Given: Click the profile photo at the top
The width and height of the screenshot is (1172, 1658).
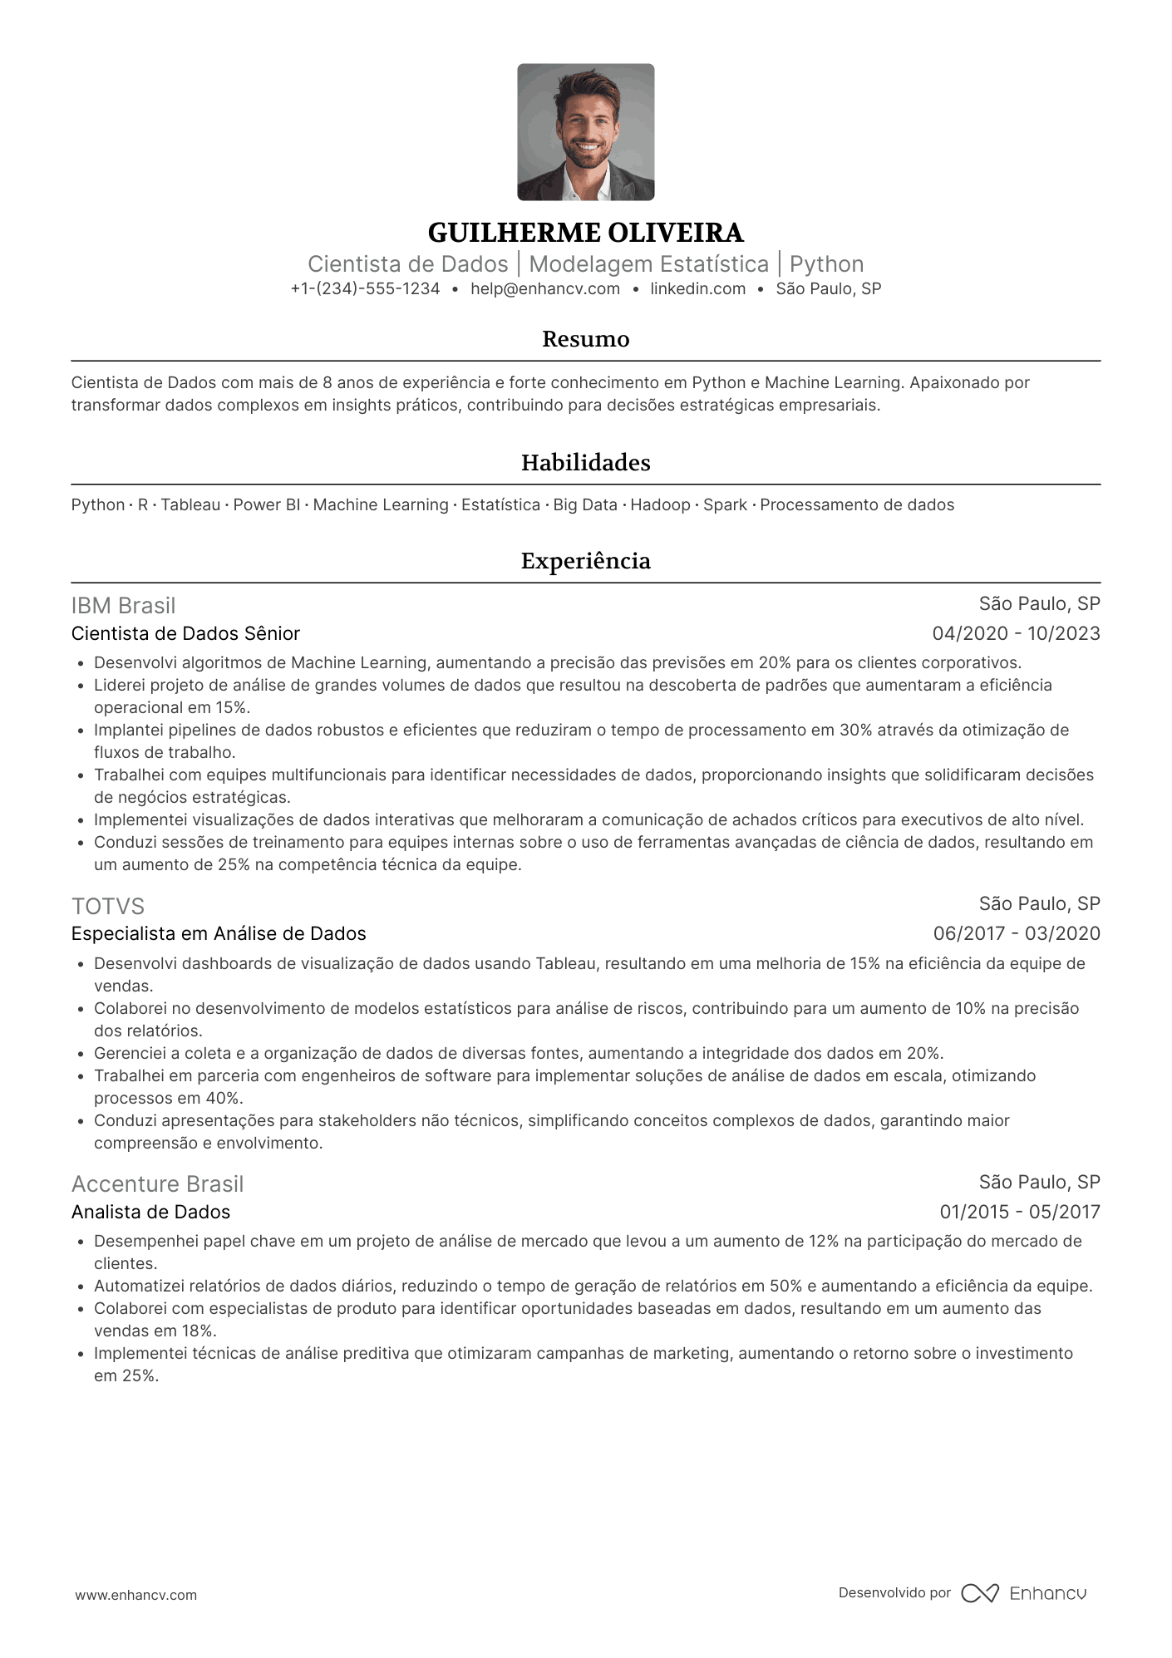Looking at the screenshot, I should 585,132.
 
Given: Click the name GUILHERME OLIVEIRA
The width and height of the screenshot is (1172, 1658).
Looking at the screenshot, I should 585,233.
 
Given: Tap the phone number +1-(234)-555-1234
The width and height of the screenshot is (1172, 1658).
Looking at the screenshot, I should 365,289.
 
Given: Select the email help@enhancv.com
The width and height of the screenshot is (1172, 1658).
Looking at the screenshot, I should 545,289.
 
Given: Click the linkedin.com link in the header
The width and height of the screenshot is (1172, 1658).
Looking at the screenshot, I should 697,289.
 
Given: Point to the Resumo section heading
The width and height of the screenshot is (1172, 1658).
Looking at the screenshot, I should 585,339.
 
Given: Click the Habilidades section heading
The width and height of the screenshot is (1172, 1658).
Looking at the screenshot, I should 585,463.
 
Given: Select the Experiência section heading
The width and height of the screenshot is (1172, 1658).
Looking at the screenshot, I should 585,561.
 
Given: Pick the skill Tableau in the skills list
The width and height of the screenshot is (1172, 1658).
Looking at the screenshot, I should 190,505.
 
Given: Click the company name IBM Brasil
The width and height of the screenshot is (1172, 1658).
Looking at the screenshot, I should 123,606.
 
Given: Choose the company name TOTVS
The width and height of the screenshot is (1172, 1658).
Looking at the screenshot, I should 108,906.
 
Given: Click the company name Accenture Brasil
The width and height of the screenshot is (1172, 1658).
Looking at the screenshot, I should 157,1183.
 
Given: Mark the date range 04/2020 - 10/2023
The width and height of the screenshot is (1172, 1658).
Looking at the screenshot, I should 1016,633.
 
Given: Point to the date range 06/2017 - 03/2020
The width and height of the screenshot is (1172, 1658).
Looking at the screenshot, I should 1016,933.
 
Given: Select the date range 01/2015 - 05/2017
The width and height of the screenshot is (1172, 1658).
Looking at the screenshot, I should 1019,1212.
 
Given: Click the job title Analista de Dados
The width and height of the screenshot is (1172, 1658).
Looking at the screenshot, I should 150,1212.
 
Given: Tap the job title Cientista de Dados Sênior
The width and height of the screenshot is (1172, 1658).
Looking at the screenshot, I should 185,633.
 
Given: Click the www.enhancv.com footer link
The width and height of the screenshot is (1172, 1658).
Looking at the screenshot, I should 136,1595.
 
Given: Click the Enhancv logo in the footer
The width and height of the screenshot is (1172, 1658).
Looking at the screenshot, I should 1024,1593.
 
